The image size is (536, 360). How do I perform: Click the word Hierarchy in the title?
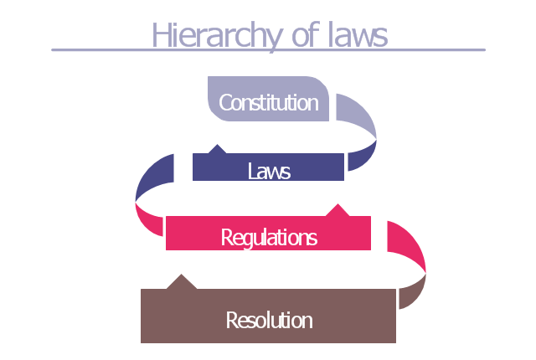click(x=217, y=35)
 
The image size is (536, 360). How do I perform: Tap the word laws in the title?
click(x=358, y=34)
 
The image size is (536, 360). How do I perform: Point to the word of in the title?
click(x=306, y=34)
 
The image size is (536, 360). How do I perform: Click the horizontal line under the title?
click(x=268, y=50)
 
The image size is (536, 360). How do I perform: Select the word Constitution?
click(x=269, y=102)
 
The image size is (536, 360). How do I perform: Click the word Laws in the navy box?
click(x=269, y=171)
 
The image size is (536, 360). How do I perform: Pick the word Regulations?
click(x=269, y=238)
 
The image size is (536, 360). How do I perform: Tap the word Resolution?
click(x=269, y=321)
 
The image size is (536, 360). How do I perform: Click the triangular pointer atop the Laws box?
click(x=217, y=149)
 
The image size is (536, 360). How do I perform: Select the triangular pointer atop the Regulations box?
click(x=338, y=210)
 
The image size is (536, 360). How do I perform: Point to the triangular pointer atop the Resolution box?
click(x=182, y=282)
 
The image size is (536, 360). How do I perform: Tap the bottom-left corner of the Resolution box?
click(x=142, y=342)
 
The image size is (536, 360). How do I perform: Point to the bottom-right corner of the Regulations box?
click(x=370, y=249)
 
